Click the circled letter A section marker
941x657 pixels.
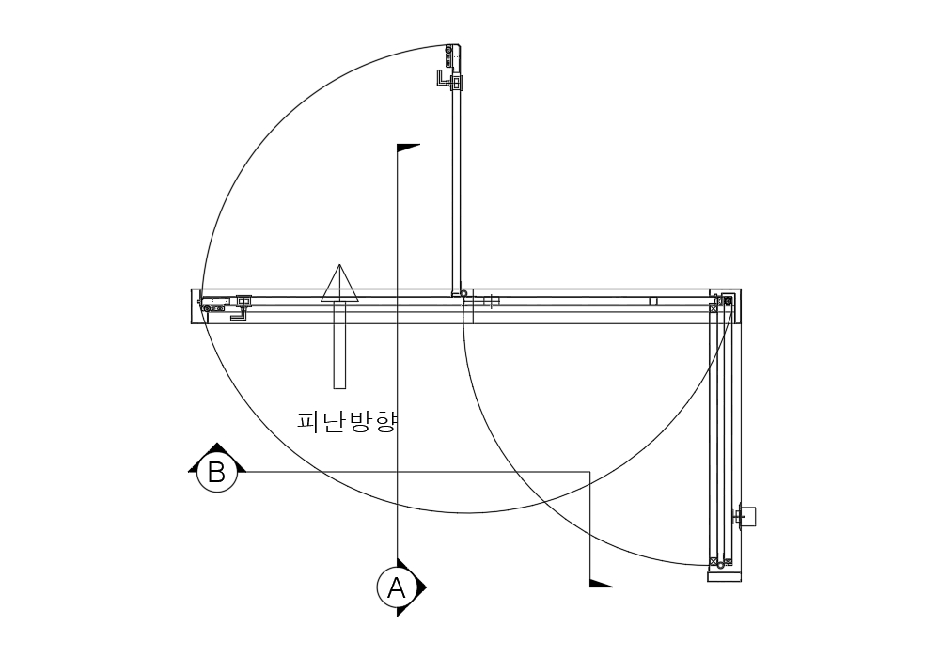point(396,588)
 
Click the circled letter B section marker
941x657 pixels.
point(216,472)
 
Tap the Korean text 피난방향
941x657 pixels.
point(348,421)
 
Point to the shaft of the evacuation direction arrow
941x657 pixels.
point(339,345)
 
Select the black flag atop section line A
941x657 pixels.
point(408,148)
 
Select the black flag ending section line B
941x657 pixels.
point(601,583)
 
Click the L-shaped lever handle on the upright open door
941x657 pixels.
point(442,80)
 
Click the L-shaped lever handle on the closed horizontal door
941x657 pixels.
point(240,314)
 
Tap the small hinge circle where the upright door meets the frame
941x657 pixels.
point(463,294)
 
